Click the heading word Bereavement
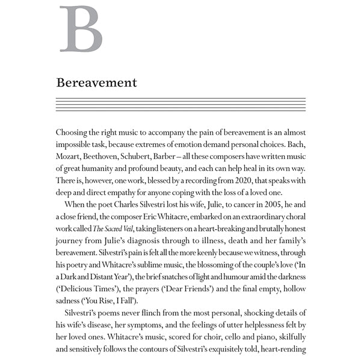(96, 82)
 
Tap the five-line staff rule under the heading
(180, 104)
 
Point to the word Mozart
(69, 157)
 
